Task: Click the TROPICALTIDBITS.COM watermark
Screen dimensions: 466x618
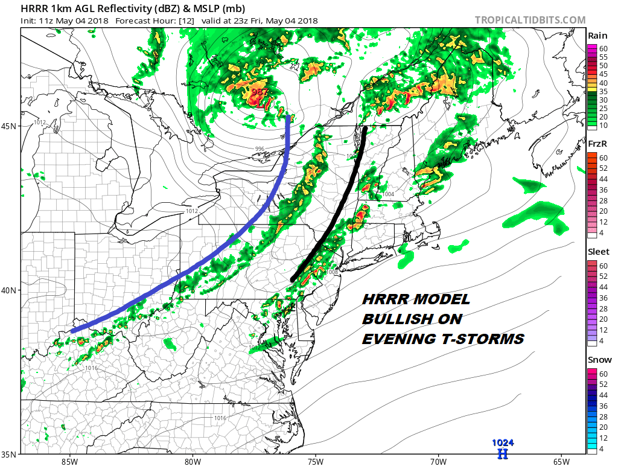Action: tap(530, 20)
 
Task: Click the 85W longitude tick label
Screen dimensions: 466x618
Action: tap(69, 461)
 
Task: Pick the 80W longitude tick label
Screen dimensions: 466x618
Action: tap(192, 461)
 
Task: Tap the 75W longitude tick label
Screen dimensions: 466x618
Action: tap(315, 461)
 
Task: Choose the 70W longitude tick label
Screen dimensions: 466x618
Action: tap(438, 461)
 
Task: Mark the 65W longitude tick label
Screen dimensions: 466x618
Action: tap(560, 461)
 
